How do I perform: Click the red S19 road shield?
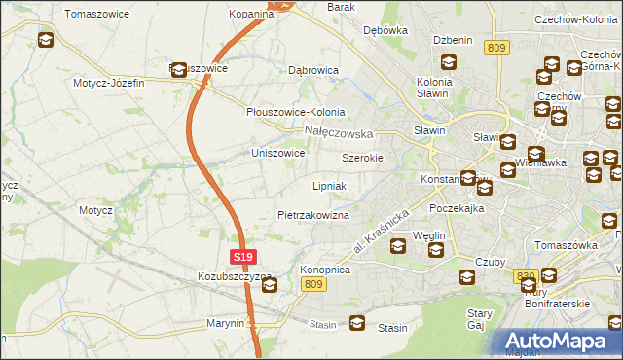point(243,257)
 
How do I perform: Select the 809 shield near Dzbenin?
point(497,48)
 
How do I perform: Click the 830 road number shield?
point(527,276)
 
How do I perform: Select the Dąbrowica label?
point(312,70)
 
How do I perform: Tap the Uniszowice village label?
point(278,153)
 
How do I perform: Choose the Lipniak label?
point(329,185)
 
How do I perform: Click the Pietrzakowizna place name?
point(312,215)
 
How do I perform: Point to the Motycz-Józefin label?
point(108,83)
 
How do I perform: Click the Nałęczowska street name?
point(339,132)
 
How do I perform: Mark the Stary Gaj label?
point(479,319)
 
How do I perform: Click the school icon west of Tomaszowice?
point(46,40)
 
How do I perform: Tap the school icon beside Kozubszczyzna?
point(269,285)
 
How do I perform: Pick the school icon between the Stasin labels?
point(357,323)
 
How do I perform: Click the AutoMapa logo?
point(558,340)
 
